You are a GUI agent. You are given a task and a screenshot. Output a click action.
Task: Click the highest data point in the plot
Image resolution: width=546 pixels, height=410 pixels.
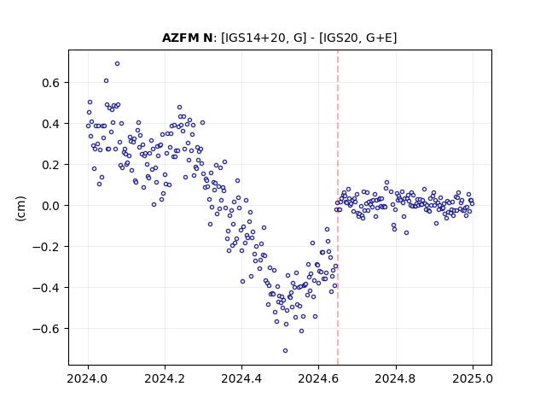[118, 64]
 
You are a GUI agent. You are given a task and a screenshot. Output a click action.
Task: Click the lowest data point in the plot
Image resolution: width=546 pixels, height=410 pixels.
[285, 351]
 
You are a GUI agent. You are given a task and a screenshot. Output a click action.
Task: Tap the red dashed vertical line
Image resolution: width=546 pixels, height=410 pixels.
[338, 208]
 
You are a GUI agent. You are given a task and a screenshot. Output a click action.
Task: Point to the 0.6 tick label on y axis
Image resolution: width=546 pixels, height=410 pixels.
[51, 83]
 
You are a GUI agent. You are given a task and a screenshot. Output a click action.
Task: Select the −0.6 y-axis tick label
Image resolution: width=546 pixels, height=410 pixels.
[46, 329]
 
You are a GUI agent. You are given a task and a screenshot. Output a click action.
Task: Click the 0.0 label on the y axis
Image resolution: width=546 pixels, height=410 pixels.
[51, 206]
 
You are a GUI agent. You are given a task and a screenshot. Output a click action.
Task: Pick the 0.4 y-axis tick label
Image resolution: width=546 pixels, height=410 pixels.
[51, 124]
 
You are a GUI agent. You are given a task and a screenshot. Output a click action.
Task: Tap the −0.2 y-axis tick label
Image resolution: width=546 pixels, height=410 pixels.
[46, 247]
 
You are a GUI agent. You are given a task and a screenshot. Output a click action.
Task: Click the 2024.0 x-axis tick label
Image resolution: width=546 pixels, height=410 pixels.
[87, 378]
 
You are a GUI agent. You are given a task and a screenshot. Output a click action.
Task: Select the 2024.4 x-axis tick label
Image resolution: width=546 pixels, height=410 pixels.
[241, 378]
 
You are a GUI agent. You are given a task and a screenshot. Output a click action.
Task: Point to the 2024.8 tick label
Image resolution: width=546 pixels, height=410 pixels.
[395, 378]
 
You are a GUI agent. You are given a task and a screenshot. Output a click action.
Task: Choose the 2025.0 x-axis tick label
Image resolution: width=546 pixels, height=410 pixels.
[473, 378]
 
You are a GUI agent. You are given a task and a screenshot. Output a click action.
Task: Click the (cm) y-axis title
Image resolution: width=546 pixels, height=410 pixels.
[20, 208]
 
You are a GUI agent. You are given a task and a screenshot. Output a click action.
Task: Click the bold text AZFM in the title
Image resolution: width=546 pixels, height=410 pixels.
[178, 38]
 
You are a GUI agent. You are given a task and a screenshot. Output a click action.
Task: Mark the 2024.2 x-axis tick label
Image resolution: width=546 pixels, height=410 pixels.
[165, 378]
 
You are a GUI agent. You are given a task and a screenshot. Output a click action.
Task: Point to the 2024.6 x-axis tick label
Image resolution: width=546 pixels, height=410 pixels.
[318, 378]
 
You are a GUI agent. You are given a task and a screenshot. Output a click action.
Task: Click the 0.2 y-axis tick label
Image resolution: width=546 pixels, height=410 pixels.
[51, 165]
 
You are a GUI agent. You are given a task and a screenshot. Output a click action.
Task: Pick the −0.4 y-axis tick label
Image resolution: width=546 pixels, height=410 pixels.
[46, 288]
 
